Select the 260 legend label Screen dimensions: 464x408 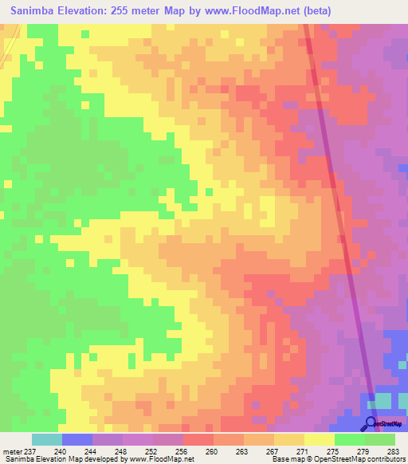coord(211,451)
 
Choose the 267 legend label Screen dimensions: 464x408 coord(272,451)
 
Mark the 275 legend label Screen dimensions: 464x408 coord(331,451)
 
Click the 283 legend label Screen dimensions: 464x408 coord(392,451)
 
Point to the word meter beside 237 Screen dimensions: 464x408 coord(13,451)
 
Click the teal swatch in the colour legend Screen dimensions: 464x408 coord(47,439)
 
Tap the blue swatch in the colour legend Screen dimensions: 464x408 coord(77,439)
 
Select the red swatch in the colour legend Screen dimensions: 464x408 coord(198,439)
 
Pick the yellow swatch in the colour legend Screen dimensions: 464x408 coord(320,439)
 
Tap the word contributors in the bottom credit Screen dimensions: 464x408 coord(385,459)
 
